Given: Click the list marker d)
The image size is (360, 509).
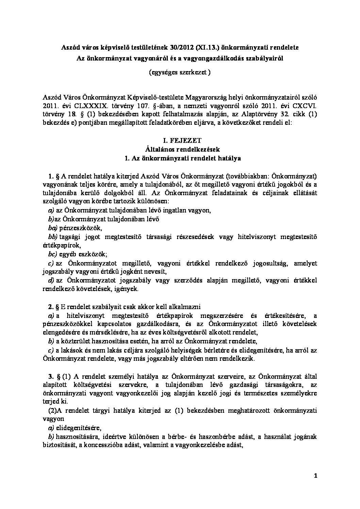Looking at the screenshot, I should [51, 280].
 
